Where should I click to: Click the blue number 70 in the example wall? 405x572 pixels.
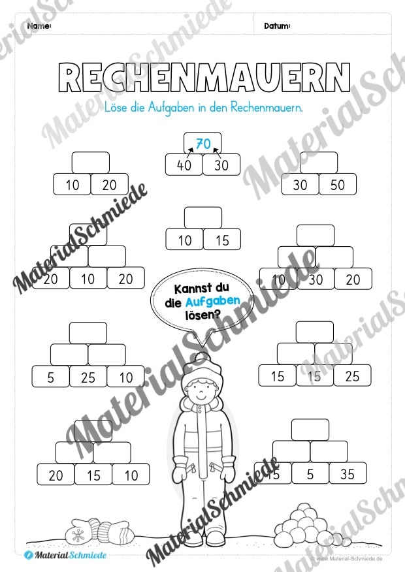tap(202, 144)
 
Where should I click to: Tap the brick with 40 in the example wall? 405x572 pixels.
tap(184, 166)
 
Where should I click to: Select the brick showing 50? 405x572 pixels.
tap(337, 185)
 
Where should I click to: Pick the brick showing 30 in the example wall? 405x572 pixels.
tap(221, 166)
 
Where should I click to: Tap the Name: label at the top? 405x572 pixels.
tap(40, 26)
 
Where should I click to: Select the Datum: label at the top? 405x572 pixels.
tap(277, 26)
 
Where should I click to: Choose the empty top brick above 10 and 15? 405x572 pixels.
tap(203, 217)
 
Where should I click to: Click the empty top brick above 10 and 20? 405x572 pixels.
tap(90, 163)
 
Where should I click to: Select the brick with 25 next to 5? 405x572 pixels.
tap(88, 377)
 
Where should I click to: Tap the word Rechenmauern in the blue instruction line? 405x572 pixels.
tap(271, 107)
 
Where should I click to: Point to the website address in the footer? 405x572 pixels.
tap(349, 560)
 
